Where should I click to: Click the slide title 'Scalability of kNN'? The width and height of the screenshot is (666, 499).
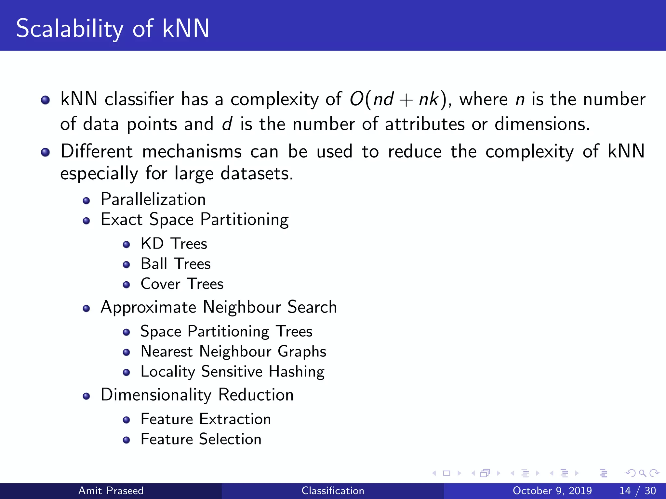[x=113, y=29]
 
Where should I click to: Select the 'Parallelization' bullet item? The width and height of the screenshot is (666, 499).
[x=153, y=199]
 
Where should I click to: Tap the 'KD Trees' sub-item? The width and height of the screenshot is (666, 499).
[x=174, y=244]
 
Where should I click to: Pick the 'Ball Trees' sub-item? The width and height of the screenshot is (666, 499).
[x=176, y=264]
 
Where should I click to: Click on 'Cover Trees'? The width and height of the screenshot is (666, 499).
[x=182, y=284]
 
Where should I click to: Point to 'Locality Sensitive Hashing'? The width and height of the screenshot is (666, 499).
[x=233, y=372]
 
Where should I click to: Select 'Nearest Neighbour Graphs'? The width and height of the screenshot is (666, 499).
[x=233, y=352]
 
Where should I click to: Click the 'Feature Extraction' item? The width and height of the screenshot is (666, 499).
[x=206, y=419]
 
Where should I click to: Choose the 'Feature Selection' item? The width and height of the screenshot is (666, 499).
[x=201, y=439]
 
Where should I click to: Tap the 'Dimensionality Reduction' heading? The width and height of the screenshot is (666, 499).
[x=197, y=395]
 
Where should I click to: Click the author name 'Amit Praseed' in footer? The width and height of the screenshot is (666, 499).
[x=111, y=491]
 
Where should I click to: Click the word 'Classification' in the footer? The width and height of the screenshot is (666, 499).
[x=333, y=491]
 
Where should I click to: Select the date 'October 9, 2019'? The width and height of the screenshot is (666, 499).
[x=552, y=491]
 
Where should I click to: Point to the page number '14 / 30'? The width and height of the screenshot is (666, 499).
[x=637, y=491]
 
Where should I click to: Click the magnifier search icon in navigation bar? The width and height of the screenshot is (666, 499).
[x=642, y=473]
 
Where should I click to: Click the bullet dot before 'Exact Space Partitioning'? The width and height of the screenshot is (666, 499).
[x=86, y=221]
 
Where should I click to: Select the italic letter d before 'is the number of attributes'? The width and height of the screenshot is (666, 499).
[x=227, y=124]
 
